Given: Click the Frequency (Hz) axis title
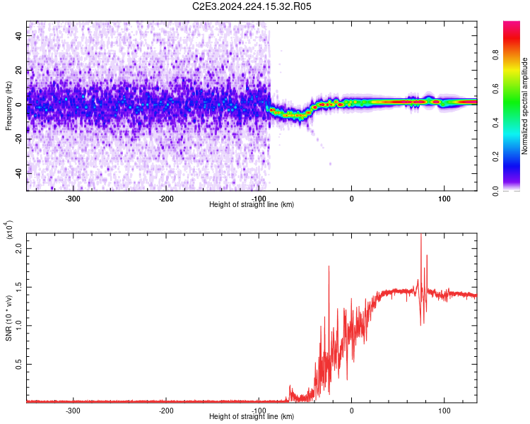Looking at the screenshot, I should [x=8, y=106].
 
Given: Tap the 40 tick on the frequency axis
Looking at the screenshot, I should [x=19, y=35].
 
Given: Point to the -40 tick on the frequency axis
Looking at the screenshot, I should [x=19, y=173].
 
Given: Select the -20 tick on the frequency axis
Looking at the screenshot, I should [x=19, y=139].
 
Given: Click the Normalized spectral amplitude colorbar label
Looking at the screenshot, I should [x=525, y=106].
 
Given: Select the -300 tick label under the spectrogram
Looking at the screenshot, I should [x=73, y=199].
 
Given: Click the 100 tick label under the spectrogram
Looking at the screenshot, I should [x=444, y=199].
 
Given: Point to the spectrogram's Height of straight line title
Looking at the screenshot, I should [x=252, y=205].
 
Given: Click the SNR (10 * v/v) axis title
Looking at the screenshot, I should [x=8, y=318].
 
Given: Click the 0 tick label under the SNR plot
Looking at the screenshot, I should [x=352, y=410].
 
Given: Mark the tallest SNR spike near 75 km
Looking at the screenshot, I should [x=421, y=235].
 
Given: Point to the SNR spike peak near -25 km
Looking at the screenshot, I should [x=329, y=266].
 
